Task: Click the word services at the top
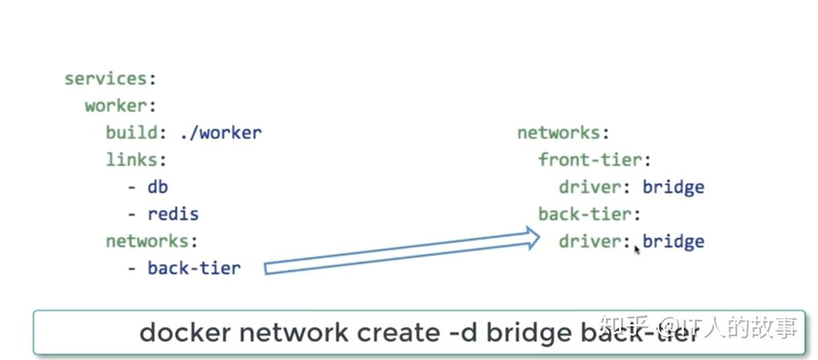click(x=106, y=79)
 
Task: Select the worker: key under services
click(x=115, y=106)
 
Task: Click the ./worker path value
click(x=220, y=133)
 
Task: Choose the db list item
click(x=157, y=187)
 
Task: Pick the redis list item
click(x=172, y=214)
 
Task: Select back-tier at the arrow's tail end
click(x=194, y=268)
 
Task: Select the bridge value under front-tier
click(x=673, y=187)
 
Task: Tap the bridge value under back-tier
click(x=673, y=241)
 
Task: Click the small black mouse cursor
click(x=637, y=250)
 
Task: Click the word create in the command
click(x=398, y=332)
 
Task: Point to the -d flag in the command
click(x=463, y=332)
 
